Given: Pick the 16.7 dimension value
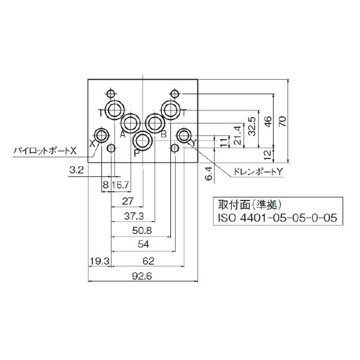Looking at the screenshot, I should pyautogui.click(x=121, y=185).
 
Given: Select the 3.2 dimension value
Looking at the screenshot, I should pyautogui.click(x=76, y=170).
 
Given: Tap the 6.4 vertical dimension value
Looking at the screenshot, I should pyautogui.click(x=209, y=174).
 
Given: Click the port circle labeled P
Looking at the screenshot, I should pyautogui.click(x=143, y=142).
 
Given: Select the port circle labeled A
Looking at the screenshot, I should pyautogui.click(x=130, y=124).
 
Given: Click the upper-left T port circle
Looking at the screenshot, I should pyautogui.click(x=114, y=109).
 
